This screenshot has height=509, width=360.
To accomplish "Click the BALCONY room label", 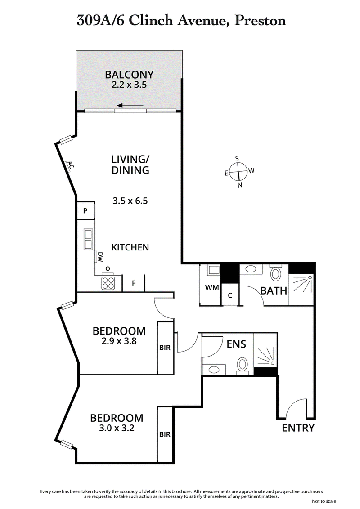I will coord(129,75).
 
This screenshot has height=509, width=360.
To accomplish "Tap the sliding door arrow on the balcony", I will coord(131,107).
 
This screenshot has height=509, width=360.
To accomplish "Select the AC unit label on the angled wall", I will coord(70,165).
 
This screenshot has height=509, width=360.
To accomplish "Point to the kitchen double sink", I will coord(88,239).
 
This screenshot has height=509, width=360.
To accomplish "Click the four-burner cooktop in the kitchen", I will coord(108,282).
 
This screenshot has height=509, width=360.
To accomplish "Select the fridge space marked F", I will coord(134,283).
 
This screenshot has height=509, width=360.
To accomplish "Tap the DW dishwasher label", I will coord(100,257).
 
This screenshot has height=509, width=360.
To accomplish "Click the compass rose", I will coord(237,171).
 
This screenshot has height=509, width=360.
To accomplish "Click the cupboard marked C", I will coord(230,295).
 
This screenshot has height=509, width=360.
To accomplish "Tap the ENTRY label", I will coord(298,428).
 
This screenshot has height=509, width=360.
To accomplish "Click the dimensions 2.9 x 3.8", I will coord(119,341).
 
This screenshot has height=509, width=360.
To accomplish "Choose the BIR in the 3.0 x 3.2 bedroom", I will coord(165,434).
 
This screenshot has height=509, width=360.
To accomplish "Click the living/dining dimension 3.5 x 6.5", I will coord(130,201).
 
